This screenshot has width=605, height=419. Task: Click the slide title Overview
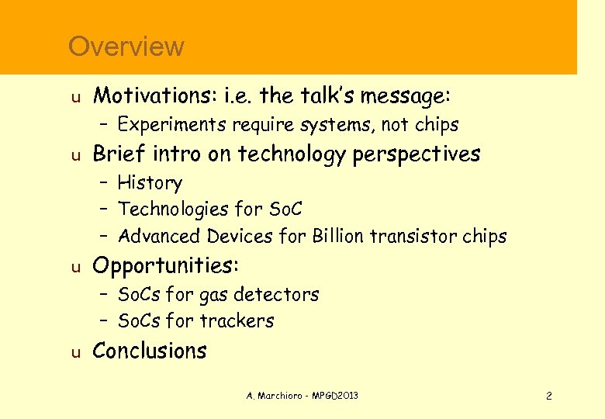tap(126, 47)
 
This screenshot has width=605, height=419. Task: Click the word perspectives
tap(416, 154)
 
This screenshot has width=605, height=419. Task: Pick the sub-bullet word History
tap(150, 183)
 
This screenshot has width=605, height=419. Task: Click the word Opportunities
tap(165, 266)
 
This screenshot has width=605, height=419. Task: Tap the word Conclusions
tap(150, 351)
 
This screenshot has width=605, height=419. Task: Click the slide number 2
tap(548, 396)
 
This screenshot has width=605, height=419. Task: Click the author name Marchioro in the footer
tap(279, 396)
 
